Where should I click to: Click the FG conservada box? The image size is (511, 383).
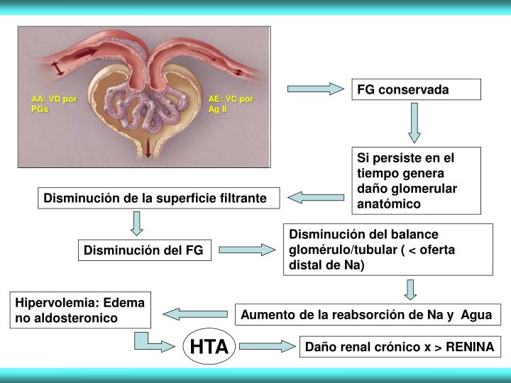coord(417,90)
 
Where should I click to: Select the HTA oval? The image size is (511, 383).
coord(209,346)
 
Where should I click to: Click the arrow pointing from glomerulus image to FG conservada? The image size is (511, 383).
coord(314,89)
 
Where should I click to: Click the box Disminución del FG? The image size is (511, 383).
coord(145,250)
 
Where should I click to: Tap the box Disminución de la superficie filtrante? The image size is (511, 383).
coord(156,199)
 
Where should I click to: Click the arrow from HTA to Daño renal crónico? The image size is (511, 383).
coord(266,346)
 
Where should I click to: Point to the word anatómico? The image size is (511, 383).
coord(390,204)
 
